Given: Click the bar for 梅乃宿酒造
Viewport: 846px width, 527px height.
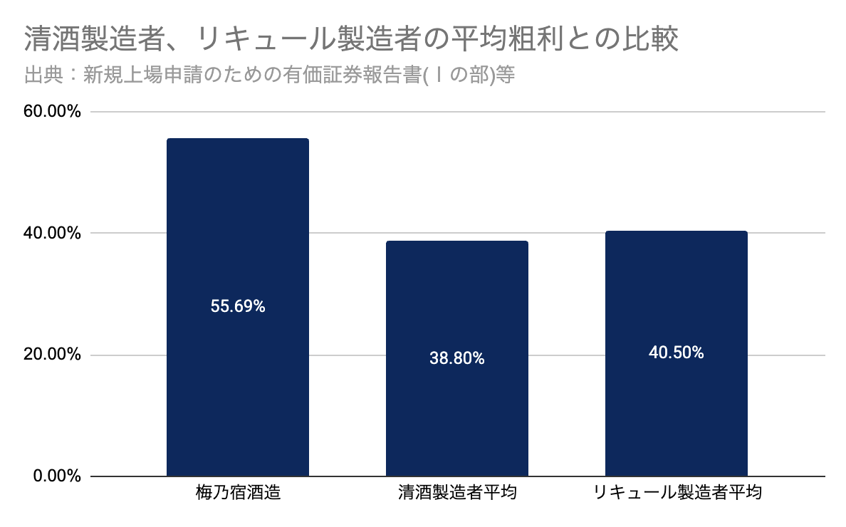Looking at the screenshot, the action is (238, 308).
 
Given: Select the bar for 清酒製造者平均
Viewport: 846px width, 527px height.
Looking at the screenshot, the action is (457, 359).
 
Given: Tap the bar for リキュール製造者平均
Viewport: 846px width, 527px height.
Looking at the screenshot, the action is (676, 354).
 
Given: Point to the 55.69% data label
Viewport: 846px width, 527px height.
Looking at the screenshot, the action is (238, 306).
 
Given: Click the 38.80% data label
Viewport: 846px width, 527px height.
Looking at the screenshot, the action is (457, 358).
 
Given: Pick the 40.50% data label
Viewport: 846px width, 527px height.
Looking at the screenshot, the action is (676, 353).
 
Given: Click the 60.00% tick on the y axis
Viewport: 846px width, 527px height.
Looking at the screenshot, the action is (52, 112).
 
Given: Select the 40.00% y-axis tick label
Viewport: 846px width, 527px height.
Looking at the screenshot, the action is (52, 233).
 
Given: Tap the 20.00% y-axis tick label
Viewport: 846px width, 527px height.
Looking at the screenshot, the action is (52, 355).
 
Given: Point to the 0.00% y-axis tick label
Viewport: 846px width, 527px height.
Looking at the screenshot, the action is (57, 476).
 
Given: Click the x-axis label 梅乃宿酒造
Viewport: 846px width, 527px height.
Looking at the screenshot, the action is (238, 493).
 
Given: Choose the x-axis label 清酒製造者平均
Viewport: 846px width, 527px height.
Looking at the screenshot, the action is (457, 493).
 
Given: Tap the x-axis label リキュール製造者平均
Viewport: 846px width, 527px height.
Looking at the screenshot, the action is (677, 493).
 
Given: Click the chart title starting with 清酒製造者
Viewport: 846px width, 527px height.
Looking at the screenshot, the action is (351, 39).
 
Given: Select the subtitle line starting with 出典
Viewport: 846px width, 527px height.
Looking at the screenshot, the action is (269, 75).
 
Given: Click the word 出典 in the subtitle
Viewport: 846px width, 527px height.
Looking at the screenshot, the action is (43, 75).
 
